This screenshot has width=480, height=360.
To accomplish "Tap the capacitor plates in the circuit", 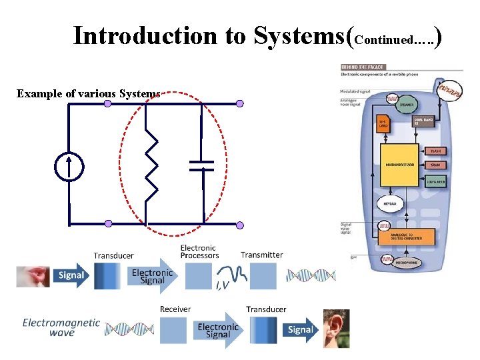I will (201, 165).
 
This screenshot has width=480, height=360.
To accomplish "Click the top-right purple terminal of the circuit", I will (240, 103).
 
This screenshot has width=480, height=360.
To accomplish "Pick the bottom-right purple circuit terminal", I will (240, 225).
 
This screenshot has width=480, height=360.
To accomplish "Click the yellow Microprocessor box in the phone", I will (400, 163).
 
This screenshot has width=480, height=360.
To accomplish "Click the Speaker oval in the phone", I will (406, 105).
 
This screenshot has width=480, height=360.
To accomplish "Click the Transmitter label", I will (261, 255).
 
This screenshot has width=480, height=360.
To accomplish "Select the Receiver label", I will (175, 309).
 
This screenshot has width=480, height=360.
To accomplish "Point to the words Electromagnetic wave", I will (61, 327).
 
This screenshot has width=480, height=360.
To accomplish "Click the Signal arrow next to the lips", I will (71, 275).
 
